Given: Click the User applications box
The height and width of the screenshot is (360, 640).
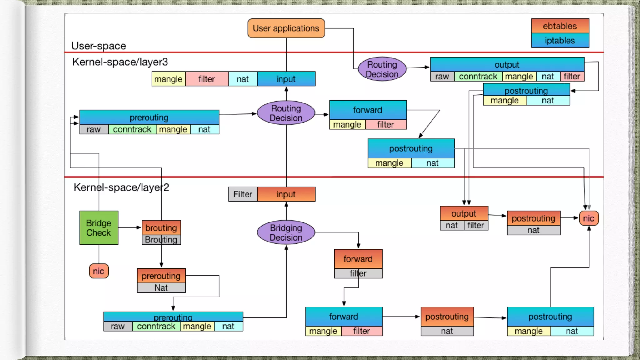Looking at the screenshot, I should click(x=286, y=28).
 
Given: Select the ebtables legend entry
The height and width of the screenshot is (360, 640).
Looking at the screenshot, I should click(x=560, y=26).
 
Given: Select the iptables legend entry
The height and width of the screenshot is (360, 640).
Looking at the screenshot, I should click(x=560, y=41).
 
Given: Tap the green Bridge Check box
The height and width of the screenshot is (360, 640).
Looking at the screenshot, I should click(x=99, y=228).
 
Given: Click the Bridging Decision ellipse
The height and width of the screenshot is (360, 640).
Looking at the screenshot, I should click(x=286, y=232).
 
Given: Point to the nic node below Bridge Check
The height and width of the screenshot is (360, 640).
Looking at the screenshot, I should click(x=99, y=271).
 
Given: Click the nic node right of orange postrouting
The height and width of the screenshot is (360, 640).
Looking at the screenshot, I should click(x=589, y=218).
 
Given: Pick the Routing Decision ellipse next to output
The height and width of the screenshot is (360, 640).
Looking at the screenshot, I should click(x=382, y=69).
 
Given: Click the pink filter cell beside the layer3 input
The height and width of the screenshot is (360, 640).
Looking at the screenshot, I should click(x=207, y=79).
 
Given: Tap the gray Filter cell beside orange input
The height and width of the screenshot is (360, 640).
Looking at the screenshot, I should click(x=243, y=194).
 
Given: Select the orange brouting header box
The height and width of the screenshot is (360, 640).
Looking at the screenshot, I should click(x=161, y=228).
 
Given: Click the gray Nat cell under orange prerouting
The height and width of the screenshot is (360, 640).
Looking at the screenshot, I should click(x=161, y=288).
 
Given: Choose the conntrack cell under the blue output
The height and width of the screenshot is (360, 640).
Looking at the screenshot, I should click(x=478, y=77).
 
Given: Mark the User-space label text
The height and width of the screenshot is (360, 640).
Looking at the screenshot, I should click(x=99, y=46).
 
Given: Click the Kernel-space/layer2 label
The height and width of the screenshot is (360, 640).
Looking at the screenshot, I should click(x=121, y=187).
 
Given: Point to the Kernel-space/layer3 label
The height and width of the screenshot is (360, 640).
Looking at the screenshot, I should click(x=120, y=62).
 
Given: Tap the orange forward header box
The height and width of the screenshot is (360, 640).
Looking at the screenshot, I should click(x=358, y=259).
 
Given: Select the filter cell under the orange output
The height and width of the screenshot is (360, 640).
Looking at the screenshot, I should click(x=476, y=225).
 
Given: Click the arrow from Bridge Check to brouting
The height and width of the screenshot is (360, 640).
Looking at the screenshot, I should click(x=130, y=227).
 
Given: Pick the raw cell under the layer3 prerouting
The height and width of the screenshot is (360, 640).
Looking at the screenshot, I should click(x=94, y=129).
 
